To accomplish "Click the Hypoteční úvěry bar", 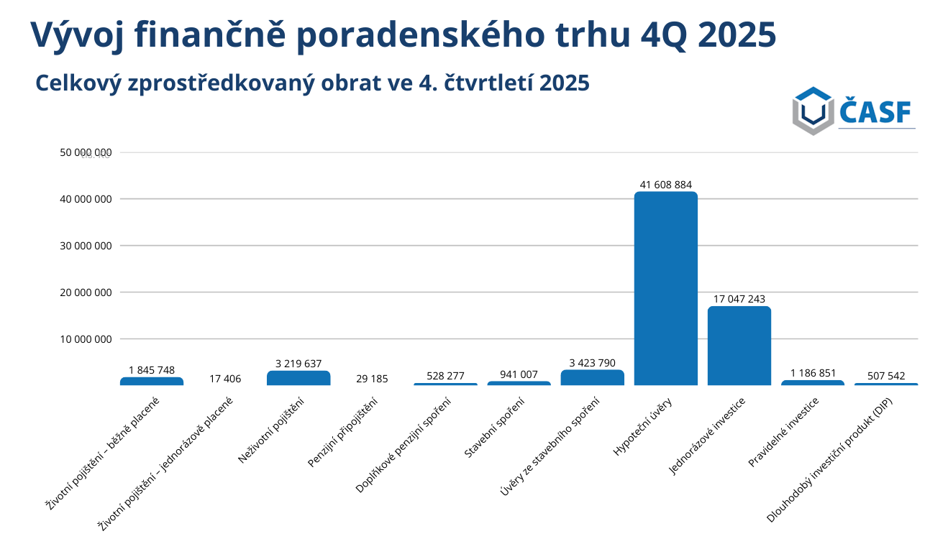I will click(665, 287).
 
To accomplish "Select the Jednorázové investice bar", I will click(739, 346).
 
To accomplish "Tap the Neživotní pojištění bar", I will click(298, 378).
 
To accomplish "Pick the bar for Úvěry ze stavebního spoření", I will click(592, 377).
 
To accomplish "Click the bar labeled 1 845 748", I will click(152, 381).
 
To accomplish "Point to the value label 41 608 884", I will click(665, 185).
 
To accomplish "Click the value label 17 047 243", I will click(739, 299).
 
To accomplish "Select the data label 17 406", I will click(225, 379).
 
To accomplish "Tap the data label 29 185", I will click(372, 379).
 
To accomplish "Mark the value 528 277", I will click(445, 376).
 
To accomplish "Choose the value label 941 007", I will click(519, 374).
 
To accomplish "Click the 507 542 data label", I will click(885, 376).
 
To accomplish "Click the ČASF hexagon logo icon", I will click(813, 111).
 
